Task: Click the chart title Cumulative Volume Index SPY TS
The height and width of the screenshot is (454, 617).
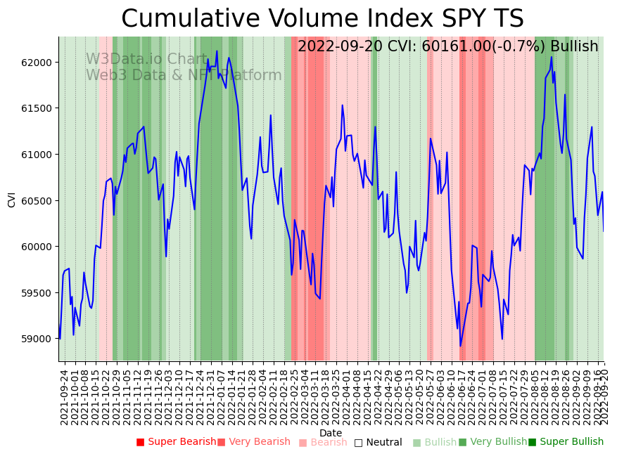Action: tap(322, 19)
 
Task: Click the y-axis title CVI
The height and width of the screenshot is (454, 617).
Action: tap(12, 200)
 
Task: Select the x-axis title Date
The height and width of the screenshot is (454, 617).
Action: tap(331, 434)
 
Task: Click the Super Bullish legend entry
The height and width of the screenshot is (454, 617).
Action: tap(571, 442)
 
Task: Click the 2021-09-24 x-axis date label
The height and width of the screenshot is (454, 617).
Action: tap(64, 396)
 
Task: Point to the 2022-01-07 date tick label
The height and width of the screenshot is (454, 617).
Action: tap(221, 396)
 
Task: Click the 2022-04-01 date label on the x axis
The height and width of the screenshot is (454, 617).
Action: tap(346, 396)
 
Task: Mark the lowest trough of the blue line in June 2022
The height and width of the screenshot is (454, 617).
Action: tap(461, 346)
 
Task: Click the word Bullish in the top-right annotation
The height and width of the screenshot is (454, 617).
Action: tap(574, 46)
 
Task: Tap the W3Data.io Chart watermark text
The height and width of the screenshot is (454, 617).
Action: tap(146, 60)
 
